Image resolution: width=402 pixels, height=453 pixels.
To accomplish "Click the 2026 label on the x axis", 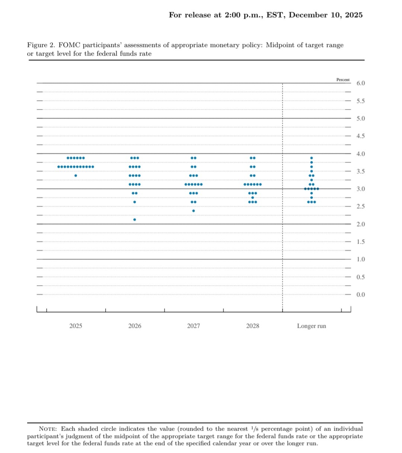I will (135, 326).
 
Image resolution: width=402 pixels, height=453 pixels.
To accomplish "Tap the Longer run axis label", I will (311, 326).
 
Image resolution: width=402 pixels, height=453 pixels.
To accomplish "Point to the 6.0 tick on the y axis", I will (361, 83).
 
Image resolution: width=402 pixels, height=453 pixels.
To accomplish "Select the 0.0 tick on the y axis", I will (361, 295).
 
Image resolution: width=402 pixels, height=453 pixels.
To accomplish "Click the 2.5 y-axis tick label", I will (361, 207).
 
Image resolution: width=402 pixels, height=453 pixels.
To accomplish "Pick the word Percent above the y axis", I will (343, 80).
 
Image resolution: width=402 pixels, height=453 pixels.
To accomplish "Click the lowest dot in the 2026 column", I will (135, 220).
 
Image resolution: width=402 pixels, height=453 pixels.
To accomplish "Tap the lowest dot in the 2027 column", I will (194, 211).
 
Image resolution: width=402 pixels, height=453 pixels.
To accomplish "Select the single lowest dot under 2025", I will (76, 176).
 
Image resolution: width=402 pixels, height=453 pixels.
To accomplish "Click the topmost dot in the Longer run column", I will (312, 158).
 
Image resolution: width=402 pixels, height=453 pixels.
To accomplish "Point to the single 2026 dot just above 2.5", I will (135, 202).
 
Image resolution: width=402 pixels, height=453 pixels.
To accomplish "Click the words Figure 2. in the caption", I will (41, 45).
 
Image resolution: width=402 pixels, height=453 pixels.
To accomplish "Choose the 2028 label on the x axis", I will (252, 326).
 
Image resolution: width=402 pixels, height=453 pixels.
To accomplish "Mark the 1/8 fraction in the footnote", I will (254, 429).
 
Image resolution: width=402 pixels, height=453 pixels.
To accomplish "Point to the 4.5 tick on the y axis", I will (361, 136).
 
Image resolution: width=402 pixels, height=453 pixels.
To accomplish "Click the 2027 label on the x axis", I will (194, 326).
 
